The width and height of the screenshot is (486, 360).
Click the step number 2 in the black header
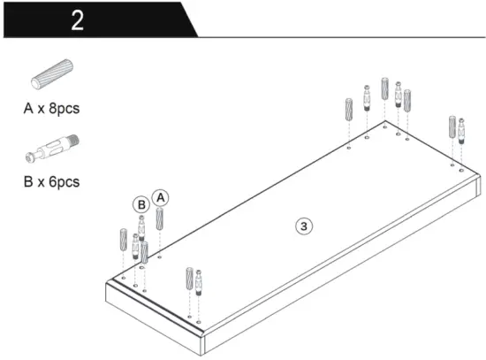(77, 19)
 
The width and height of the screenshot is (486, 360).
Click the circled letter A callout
(159, 196)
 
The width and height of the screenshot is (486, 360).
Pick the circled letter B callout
(140, 204)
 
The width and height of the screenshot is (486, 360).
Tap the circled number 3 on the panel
(303, 226)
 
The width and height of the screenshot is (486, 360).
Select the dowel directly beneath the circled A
(160, 218)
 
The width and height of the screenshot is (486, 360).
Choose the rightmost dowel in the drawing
(452, 128)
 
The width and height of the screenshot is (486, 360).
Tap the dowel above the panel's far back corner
(384, 88)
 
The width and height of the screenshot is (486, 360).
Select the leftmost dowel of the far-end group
(348, 111)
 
